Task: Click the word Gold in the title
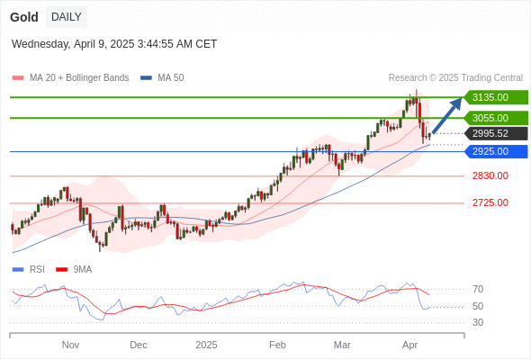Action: pyautogui.click(x=24, y=17)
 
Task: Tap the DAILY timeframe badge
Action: pyautogui.click(x=67, y=17)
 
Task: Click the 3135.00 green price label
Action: pyautogui.click(x=496, y=97)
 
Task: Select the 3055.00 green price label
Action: pyautogui.click(x=496, y=118)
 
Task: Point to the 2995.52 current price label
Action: pyautogui.click(x=496, y=133)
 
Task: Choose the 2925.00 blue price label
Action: pyautogui.click(x=496, y=151)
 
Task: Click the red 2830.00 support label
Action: pyautogui.click(x=490, y=175)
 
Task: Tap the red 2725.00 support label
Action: pyautogui.click(x=490, y=202)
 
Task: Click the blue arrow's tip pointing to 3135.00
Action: pyautogui.click(x=462, y=97)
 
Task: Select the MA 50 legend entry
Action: pyautogui.click(x=162, y=78)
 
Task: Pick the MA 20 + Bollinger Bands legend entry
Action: pyautogui.click(x=70, y=78)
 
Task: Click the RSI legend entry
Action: pyautogui.click(x=29, y=270)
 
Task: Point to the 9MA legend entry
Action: pyautogui.click(x=74, y=270)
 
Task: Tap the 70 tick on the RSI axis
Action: pyautogui.click(x=478, y=289)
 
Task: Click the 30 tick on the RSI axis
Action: pyautogui.click(x=478, y=322)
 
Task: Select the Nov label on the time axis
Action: pyautogui.click(x=70, y=345)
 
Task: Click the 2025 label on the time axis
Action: pyautogui.click(x=206, y=345)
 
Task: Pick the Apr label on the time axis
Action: pyautogui.click(x=409, y=345)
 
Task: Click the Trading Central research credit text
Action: pyautogui.click(x=455, y=78)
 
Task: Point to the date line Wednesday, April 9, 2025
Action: pyautogui.click(x=114, y=44)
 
